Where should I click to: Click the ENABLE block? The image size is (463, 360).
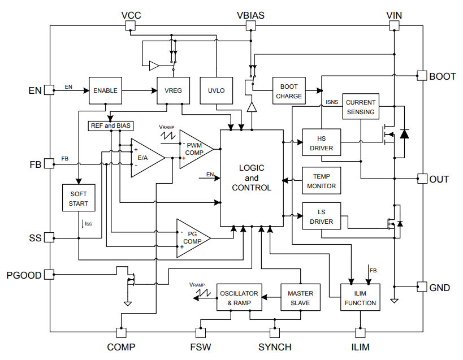106,90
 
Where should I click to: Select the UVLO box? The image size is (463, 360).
216,90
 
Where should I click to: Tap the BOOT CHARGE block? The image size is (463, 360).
289,92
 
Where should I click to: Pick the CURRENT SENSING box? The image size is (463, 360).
360,107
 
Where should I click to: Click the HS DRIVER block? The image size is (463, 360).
321,144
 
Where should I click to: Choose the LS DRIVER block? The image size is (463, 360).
321,217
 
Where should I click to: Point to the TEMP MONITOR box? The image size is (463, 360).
321,181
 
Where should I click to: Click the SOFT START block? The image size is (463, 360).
79,198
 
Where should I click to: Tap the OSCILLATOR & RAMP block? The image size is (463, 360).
239,298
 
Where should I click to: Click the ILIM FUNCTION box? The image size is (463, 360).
360,298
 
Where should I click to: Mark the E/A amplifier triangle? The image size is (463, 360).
144,158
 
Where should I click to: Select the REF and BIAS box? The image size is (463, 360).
110,125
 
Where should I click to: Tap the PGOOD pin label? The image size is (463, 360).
24,275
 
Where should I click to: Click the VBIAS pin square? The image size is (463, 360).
250,26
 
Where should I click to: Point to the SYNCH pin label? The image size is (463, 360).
275,347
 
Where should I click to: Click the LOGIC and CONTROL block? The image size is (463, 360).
251,177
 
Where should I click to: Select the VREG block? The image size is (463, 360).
173,90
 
